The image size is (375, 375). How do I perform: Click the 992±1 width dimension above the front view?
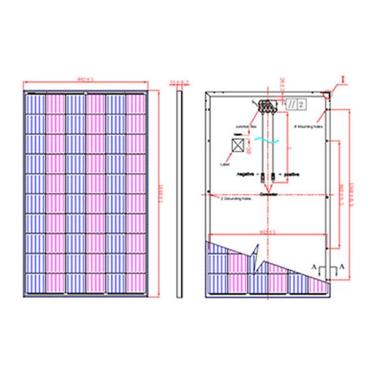click(x=86, y=81)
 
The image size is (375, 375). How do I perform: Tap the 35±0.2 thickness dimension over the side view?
click(x=179, y=81)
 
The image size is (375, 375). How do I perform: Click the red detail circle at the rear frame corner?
click(x=327, y=94)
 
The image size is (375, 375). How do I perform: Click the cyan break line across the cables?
click(x=268, y=142)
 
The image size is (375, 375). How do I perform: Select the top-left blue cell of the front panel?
click(x=35, y=103)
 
